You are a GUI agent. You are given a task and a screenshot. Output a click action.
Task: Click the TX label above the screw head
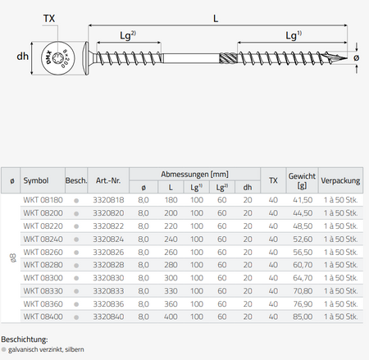click(49, 19)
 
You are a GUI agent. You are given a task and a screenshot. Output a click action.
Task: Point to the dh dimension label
click(22, 57)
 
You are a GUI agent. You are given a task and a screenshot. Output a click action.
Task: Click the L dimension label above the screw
click(216, 19)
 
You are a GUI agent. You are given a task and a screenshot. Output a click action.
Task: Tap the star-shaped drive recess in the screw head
click(58, 57)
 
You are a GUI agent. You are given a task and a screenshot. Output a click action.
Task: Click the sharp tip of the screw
click(347, 58)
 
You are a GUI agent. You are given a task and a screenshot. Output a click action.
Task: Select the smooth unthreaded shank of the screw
click(191, 58)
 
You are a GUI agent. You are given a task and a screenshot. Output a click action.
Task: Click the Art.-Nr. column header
click(108, 180)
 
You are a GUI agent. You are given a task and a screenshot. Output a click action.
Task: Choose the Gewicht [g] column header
click(302, 180)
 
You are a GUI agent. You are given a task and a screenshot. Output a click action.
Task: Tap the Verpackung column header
click(340, 180)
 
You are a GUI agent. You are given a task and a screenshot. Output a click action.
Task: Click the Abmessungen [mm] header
click(194, 174)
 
